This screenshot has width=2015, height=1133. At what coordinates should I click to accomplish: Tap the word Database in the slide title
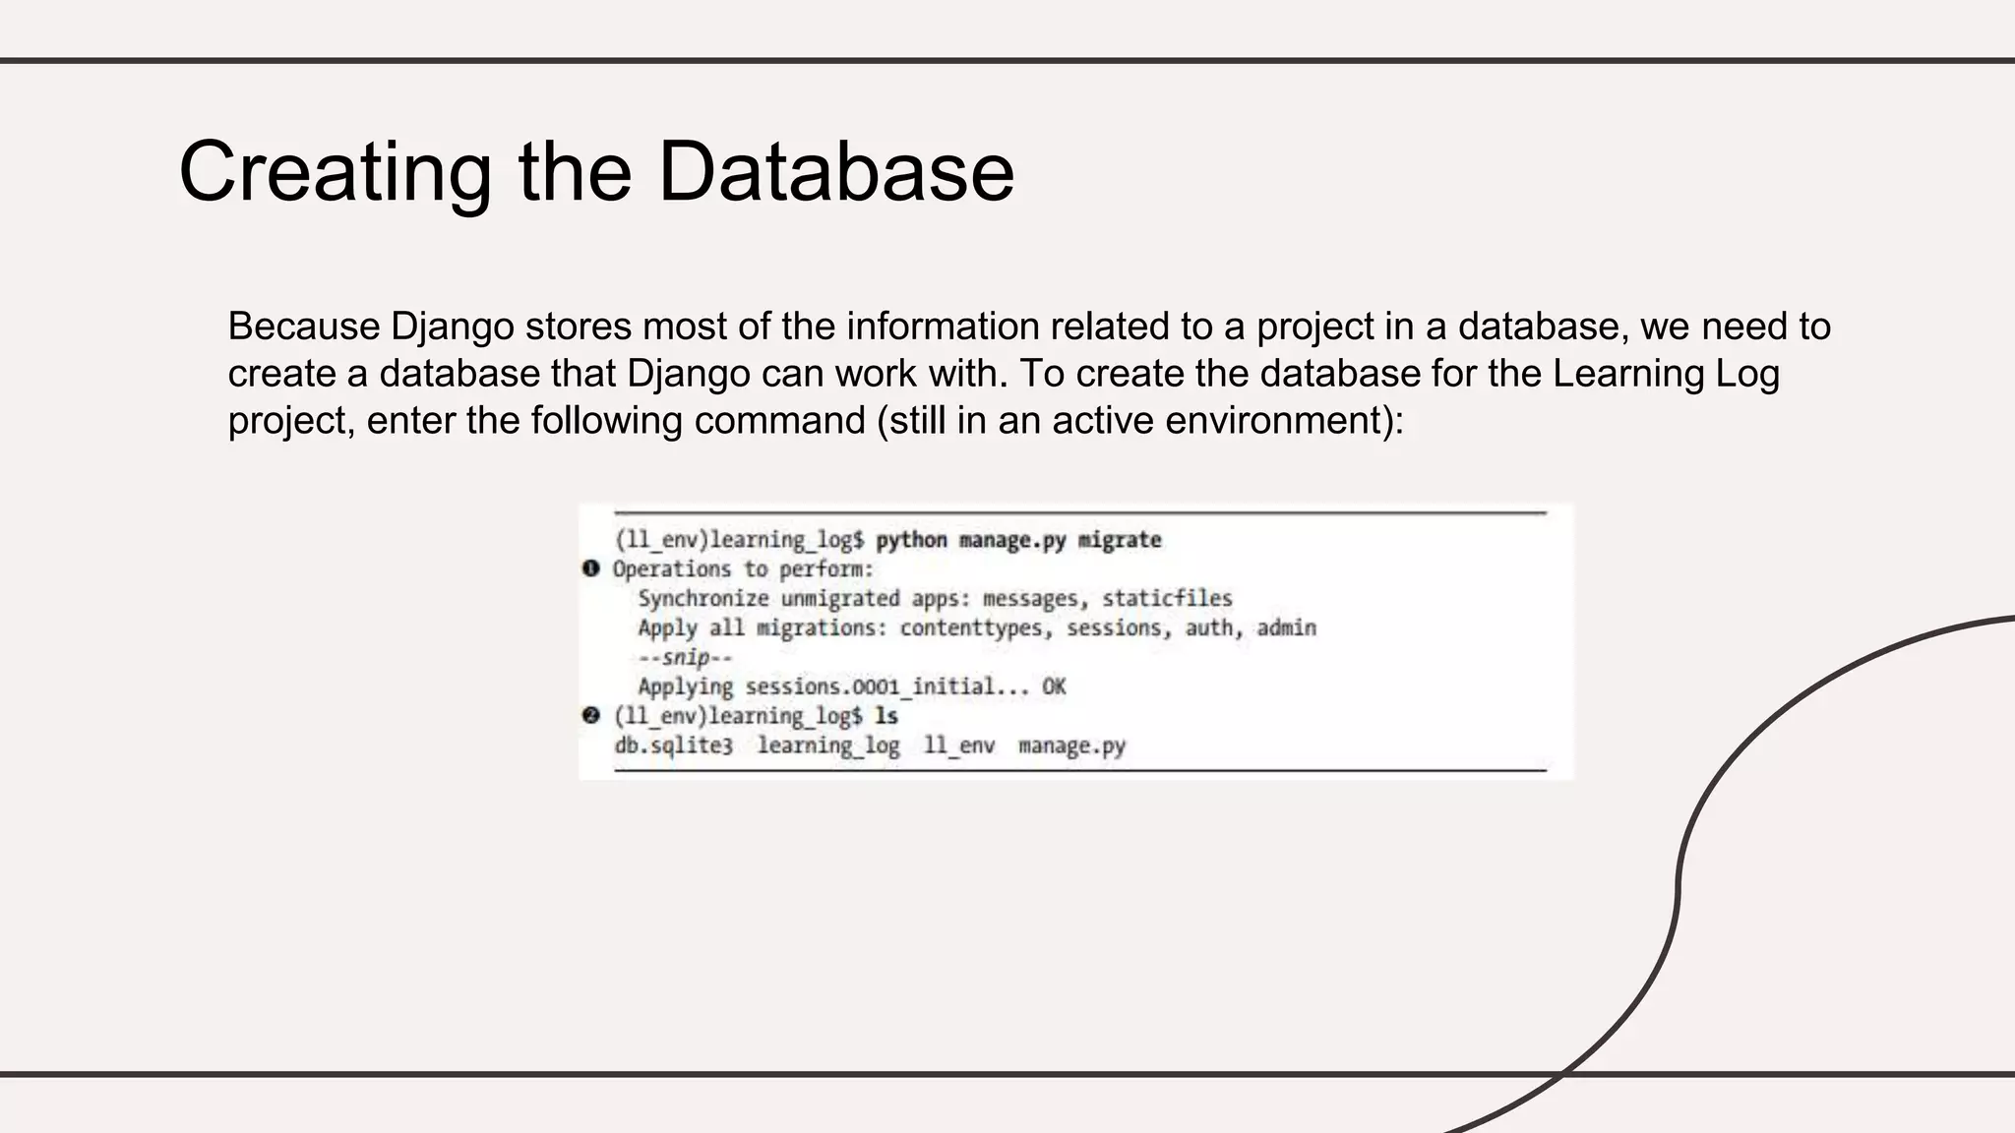835,172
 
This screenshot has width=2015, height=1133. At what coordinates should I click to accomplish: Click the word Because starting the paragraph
304,327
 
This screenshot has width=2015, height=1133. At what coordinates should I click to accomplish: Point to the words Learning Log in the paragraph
1666,374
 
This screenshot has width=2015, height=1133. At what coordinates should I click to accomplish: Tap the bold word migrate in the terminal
1120,540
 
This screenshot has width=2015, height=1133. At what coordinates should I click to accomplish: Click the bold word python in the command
911,540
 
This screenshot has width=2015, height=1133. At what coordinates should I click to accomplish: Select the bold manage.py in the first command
1012,540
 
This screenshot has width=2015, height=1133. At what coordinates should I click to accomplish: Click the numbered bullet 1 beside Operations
590,568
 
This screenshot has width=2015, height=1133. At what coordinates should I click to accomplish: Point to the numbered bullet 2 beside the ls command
590,715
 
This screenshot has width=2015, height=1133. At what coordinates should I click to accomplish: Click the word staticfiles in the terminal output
1167,598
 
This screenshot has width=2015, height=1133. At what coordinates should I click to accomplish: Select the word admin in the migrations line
1286,627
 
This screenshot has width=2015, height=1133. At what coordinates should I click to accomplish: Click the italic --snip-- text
685,657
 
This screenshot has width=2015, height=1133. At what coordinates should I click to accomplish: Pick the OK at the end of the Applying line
1054,686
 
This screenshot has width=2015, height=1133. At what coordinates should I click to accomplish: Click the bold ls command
885,716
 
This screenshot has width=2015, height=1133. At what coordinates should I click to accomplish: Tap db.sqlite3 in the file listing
674,745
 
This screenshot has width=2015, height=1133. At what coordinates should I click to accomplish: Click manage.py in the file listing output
1071,745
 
